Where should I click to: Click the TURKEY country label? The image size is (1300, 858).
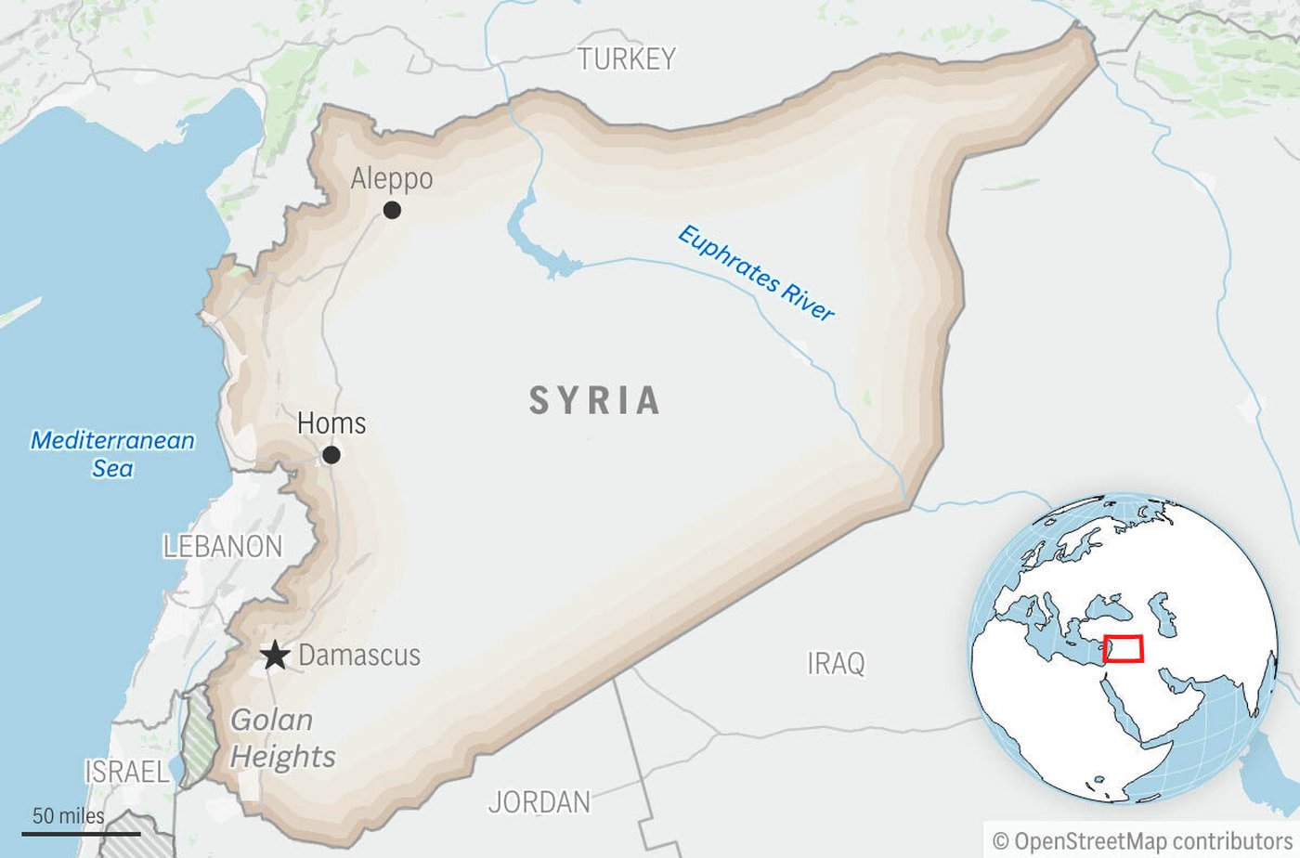[x=627, y=59]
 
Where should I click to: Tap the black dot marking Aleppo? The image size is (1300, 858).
[x=392, y=210]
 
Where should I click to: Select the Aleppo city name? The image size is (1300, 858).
[x=391, y=178]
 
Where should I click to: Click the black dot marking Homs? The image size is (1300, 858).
[x=331, y=455]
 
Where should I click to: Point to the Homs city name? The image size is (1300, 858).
[x=331, y=423]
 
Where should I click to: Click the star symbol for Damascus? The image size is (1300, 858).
[x=274, y=656]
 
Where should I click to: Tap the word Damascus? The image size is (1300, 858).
[x=359, y=656]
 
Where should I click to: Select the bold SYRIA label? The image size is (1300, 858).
[x=595, y=401]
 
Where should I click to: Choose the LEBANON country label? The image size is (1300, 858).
[x=223, y=546]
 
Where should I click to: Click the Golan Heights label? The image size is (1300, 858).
[x=282, y=738]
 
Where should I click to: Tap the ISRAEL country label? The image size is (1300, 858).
[x=127, y=772]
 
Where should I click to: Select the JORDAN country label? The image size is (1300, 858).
[x=539, y=801]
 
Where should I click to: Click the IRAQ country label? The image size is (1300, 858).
[x=836, y=663]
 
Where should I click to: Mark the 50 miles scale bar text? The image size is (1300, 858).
[x=69, y=816]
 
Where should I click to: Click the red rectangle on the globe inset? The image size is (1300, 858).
[x=1124, y=648]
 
